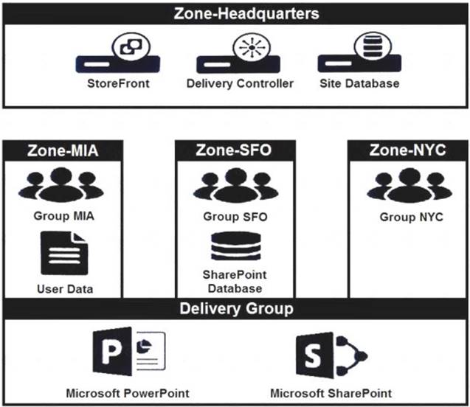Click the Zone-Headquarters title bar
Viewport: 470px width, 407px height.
tap(234, 13)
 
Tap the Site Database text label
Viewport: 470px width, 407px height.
tap(359, 83)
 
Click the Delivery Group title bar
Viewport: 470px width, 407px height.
tap(235, 309)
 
